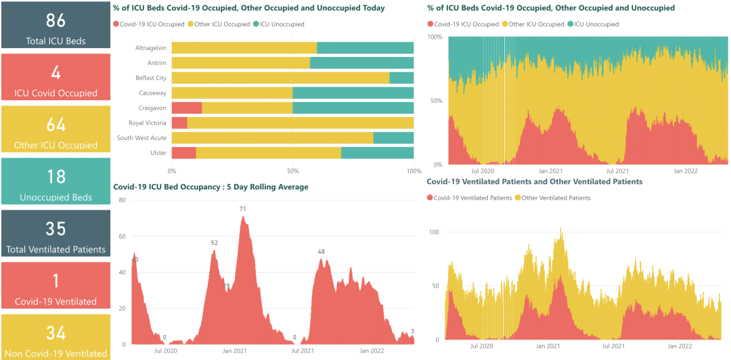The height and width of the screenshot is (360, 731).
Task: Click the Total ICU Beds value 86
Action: [56, 19]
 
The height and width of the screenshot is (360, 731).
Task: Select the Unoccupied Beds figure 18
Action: [56, 177]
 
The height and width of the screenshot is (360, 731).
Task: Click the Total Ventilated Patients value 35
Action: [56, 229]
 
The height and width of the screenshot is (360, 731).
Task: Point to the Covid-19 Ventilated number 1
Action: [56, 281]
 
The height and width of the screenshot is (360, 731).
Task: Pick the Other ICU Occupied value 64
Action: [56, 125]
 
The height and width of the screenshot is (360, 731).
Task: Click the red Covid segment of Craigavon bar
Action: [187, 108]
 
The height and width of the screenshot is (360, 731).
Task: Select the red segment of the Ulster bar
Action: [183, 153]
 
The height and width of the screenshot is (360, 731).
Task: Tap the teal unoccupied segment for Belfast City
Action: [401, 78]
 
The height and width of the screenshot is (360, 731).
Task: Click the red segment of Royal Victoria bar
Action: [179, 122]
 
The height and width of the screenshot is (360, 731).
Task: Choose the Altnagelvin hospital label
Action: [150, 47]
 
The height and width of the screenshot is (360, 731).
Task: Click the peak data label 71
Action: [242, 209]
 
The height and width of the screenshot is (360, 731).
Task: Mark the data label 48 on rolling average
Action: [322, 252]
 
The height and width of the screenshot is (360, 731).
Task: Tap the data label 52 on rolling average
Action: [214, 243]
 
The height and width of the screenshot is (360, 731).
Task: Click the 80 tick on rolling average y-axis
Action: [123, 200]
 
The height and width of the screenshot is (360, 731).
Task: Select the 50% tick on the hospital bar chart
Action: [292, 171]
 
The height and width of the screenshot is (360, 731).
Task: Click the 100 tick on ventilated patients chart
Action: [434, 232]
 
